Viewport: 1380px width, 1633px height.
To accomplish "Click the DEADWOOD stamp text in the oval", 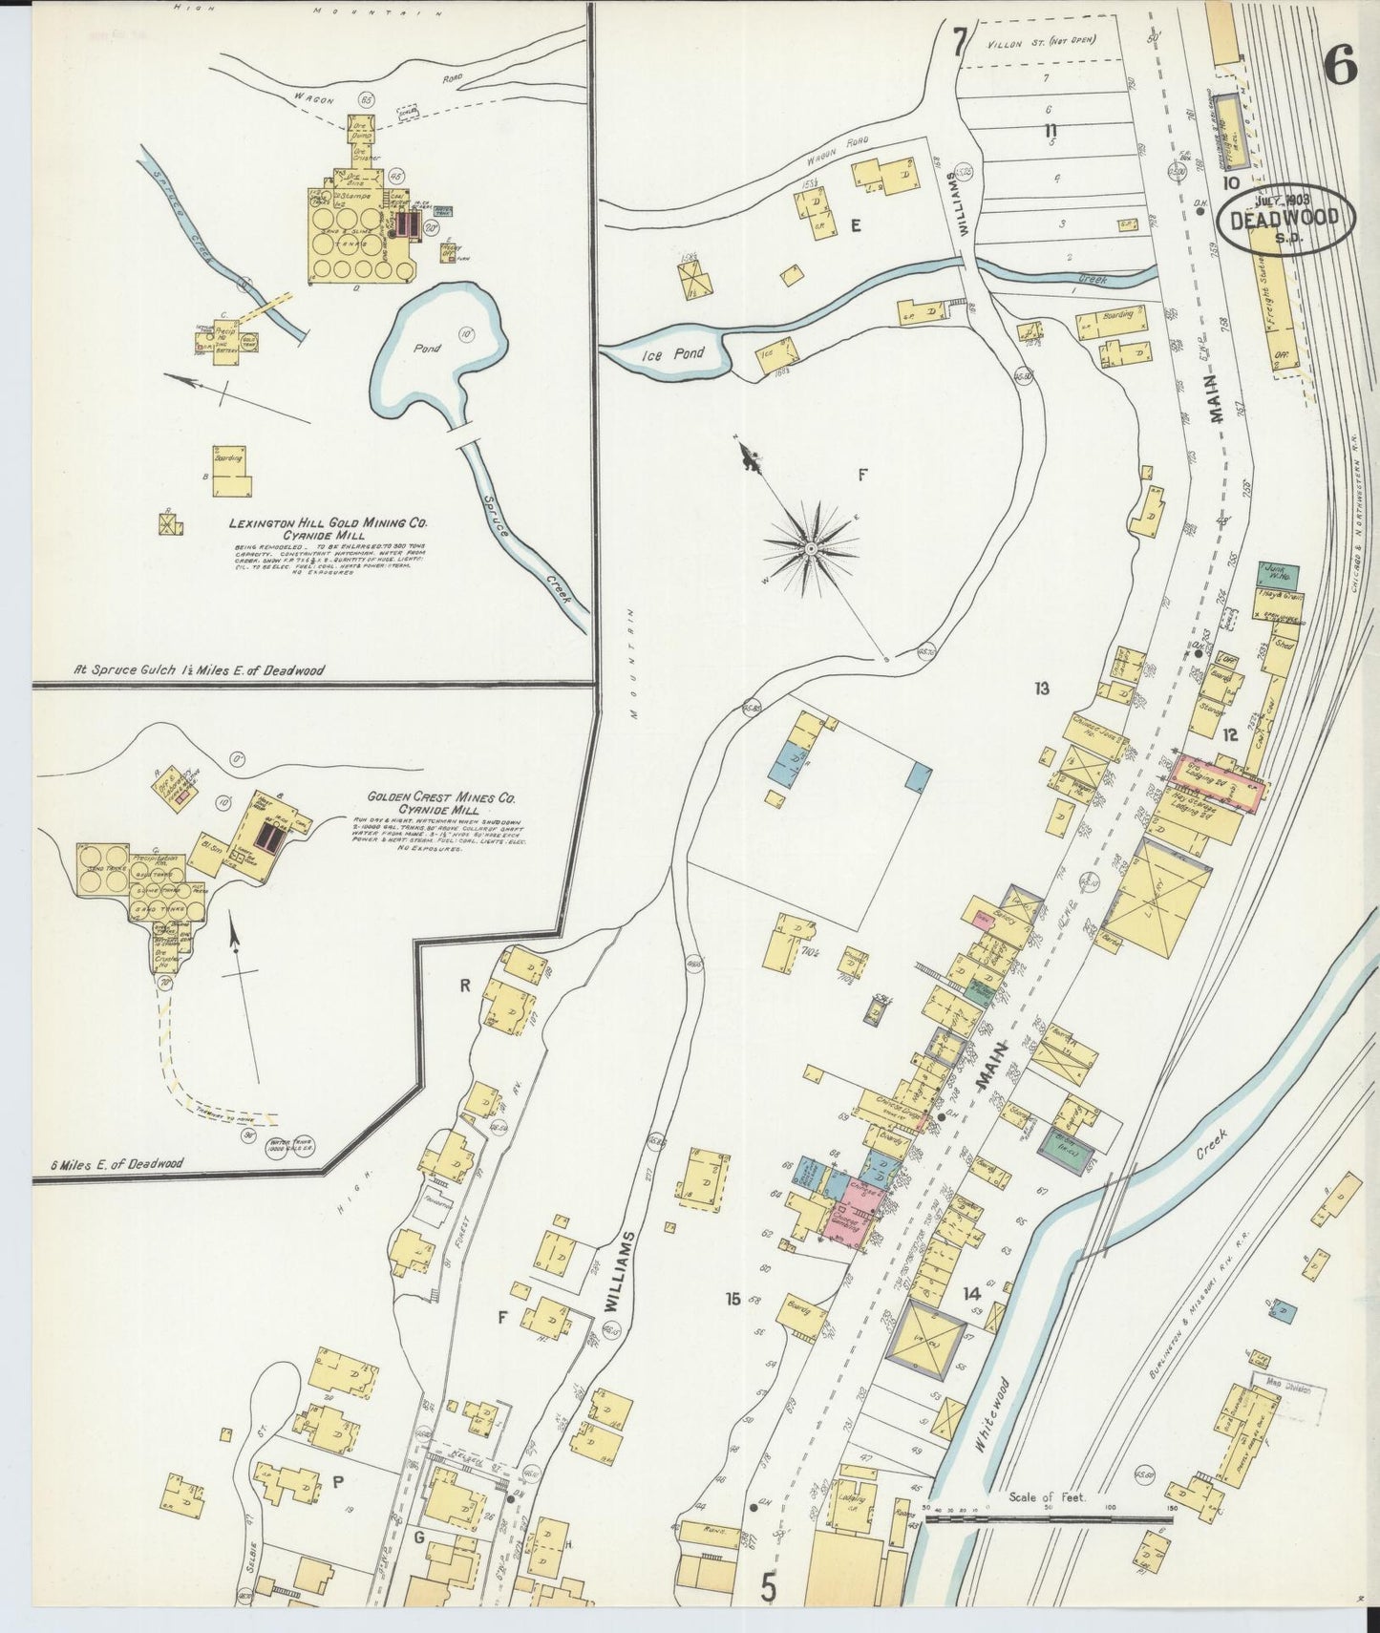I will click(x=1292, y=219).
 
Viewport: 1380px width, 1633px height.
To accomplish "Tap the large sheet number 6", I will click(x=1340, y=67).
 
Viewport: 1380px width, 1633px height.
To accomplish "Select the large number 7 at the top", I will click(x=960, y=43).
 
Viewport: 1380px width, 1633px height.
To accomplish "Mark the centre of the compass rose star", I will click(x=811, y=548).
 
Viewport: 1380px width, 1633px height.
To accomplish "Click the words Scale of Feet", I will click(x=1046, y=1497).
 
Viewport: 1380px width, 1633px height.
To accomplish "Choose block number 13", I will click(x=1041, y=688).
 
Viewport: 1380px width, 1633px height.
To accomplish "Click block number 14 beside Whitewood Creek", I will click(x=971, y=1294).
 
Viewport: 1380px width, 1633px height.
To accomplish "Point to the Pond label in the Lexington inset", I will click(x=427, y=349).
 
